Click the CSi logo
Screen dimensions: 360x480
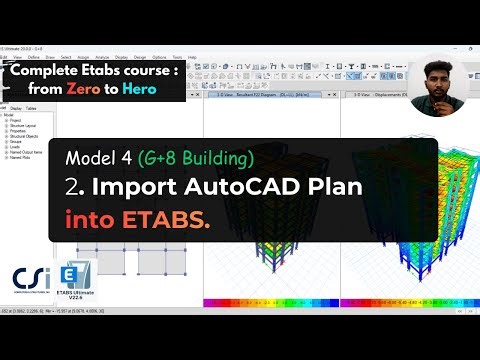point(30,280)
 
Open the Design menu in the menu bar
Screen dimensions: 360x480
point(151,57)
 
